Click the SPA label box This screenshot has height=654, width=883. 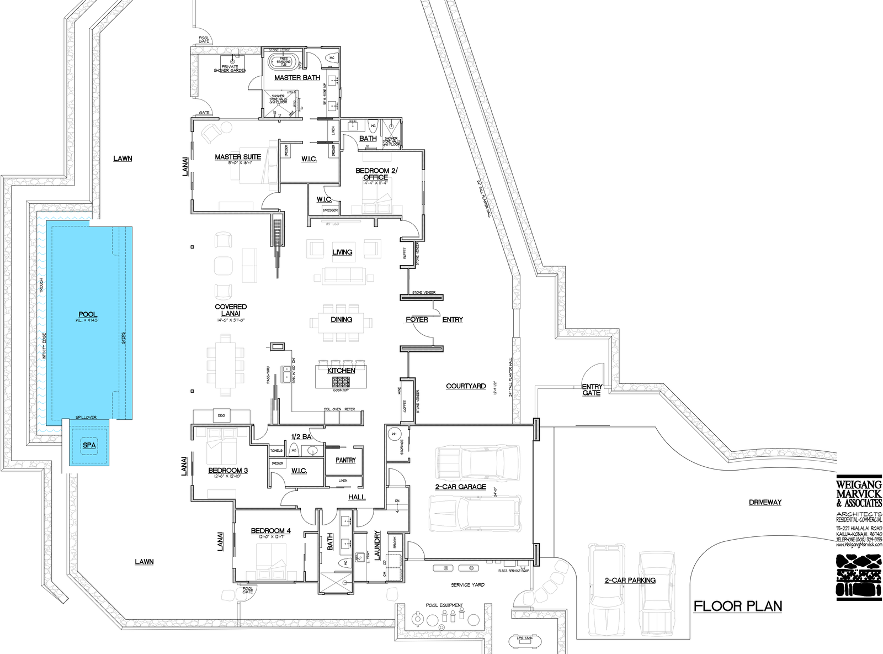pyautogui.click(x=89, y=445)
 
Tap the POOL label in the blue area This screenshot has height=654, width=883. pyautogui.click(x=88, y=314)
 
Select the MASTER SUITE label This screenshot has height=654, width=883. pyautogui.click(x=238, y=157)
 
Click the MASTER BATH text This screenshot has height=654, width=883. pyautogui.click(x=297, y=78)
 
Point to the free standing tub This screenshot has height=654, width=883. pyautogui.click(x=284, y=61)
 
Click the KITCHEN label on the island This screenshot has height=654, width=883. pyautogui.click(x=341, y=370)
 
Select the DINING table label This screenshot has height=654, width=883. pyautogui.click(x=342, y=319)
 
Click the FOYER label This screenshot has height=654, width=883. pyautogui.click(x=417, y=319)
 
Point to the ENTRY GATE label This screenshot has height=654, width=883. pyautogui.click(x=592, y=389)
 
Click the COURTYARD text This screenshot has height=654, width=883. pyautogui.click(x=466, y=386)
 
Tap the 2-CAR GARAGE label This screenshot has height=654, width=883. pyautogui.click(x=461, y=487)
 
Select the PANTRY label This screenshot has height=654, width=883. pyautogui.click(x=345, y=460)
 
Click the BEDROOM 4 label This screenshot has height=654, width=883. pyautogui.click(x=270, y=531)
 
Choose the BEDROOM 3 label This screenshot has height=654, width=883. pyautogui.click(x=228, y=471)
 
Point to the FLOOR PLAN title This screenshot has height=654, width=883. pyautogui.click(x=738, y=606)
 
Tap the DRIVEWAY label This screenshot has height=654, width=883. pyautogui.click(x=765, y=502)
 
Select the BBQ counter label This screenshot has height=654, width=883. pyautogui.click(x=221, y=415)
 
